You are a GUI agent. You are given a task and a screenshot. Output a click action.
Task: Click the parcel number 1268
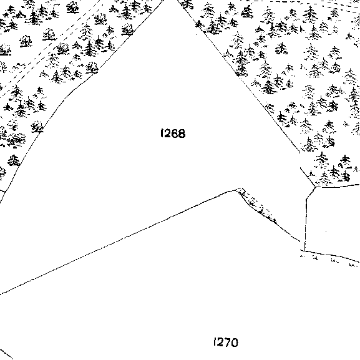(x=173, y=134)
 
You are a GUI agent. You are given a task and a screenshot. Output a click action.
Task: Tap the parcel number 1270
(x=226, y=343)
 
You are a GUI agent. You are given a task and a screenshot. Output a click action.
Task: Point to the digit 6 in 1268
(x=175, y=134)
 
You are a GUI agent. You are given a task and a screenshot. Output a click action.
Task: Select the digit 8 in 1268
(x=182, y=134)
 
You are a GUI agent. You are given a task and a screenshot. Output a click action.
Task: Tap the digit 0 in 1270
(x=235, y=343)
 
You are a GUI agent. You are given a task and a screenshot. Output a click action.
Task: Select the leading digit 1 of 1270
(x=215, y=342)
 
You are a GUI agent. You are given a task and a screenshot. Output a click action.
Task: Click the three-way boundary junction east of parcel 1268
(x=316, y=187)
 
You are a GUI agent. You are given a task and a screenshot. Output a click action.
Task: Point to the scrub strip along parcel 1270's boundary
(x=256, y=205)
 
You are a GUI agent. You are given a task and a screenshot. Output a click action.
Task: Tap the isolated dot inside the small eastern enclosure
(x=326, y=231)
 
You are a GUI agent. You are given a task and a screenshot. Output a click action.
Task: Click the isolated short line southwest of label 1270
(x=6, y=354)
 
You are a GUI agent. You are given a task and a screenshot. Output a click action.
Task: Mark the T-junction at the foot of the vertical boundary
(x=304, y=251)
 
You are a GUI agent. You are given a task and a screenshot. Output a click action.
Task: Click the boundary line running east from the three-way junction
(x=338, y=186)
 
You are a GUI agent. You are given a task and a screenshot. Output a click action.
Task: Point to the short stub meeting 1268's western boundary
(x=2, y=190)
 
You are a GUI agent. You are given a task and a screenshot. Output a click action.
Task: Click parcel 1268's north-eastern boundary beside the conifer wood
(x=239, y=76)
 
